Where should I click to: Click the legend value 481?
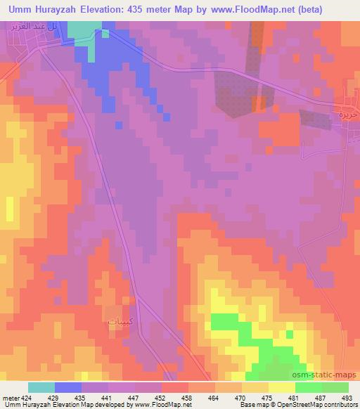click(x=295, y=397)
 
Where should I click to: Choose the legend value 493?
click(x=347, y=397)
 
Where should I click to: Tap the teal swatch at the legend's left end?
click(x=41, y=387)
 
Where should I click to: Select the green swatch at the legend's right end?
click(x=335, y=387)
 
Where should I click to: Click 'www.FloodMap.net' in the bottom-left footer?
click(x=162, y=405)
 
